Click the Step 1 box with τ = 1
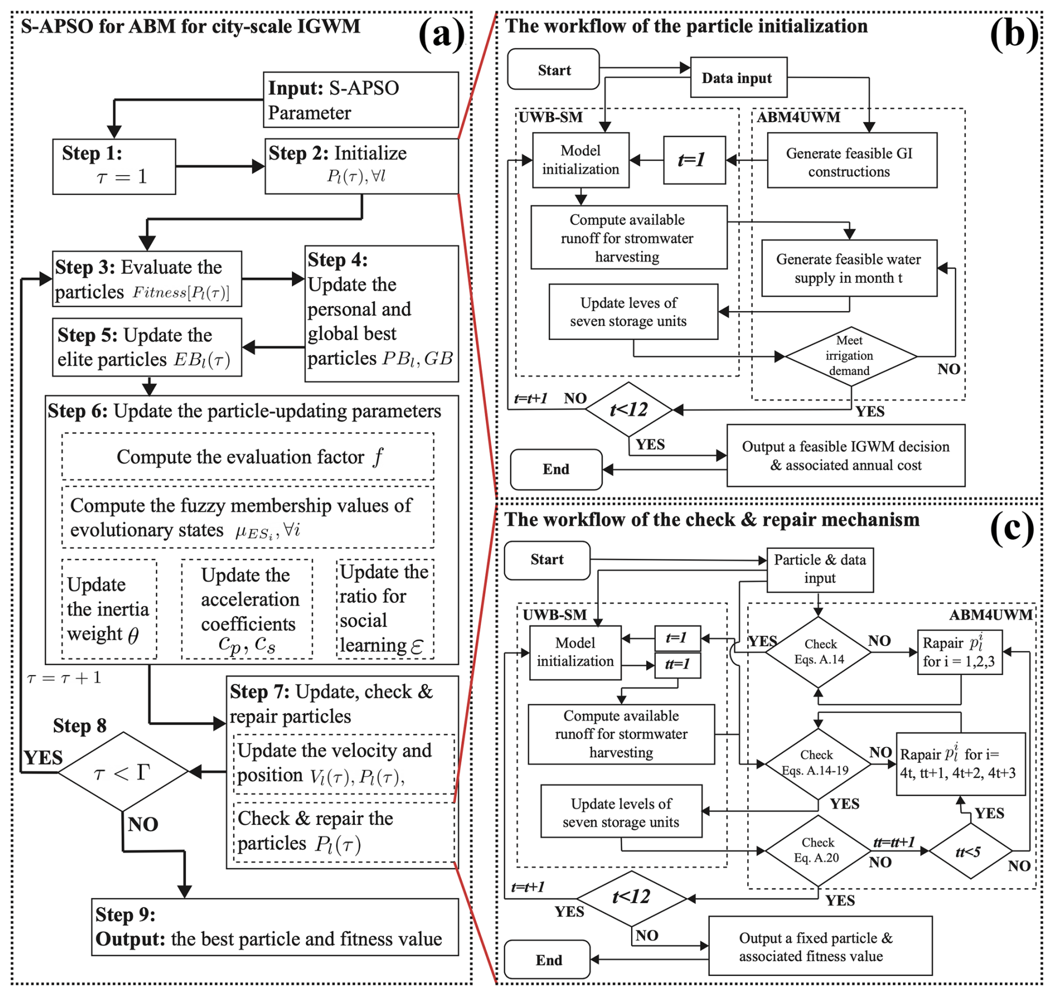pos(114,166)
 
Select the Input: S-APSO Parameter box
pos(360,100)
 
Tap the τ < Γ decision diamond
pos(123,771)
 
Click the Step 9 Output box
pos(275,927)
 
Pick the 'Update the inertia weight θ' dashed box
pos(109,609)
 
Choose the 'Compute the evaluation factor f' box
pos(248,456)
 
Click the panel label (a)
pos(442,35)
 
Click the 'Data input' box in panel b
pos(738,77)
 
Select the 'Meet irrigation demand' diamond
pos(850,356)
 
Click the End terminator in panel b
pos(556,469)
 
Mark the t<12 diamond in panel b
pos(629,410)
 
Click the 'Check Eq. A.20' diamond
pos(817,851)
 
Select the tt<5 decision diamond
pos(970,852)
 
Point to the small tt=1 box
pos(677,664)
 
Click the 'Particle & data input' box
pos(819,569)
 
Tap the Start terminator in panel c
pos(547,560)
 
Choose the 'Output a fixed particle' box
pos(819,946)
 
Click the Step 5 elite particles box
pos(147,347)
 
